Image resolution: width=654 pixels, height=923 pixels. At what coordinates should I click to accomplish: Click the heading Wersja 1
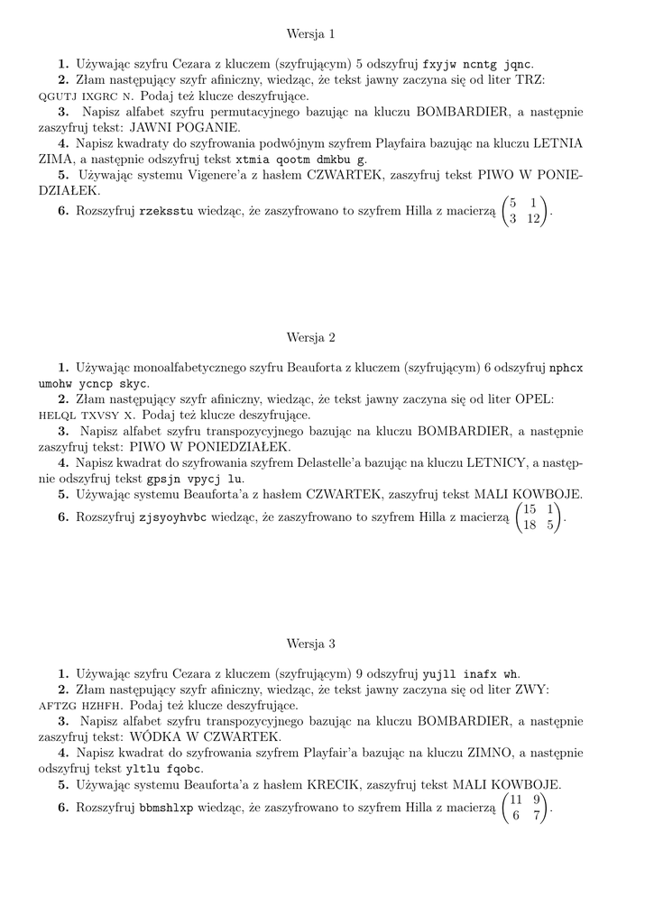coord(310,34)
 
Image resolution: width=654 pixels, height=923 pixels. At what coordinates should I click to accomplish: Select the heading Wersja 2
coord(310,338)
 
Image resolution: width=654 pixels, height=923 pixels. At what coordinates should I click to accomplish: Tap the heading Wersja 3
coord(310,644)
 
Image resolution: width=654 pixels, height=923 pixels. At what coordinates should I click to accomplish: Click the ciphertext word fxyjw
coord(440,64)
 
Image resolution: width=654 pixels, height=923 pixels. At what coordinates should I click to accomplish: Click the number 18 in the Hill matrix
coord(530,525)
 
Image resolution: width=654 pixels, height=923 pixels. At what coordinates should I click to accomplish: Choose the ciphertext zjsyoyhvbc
coord(176,517)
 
